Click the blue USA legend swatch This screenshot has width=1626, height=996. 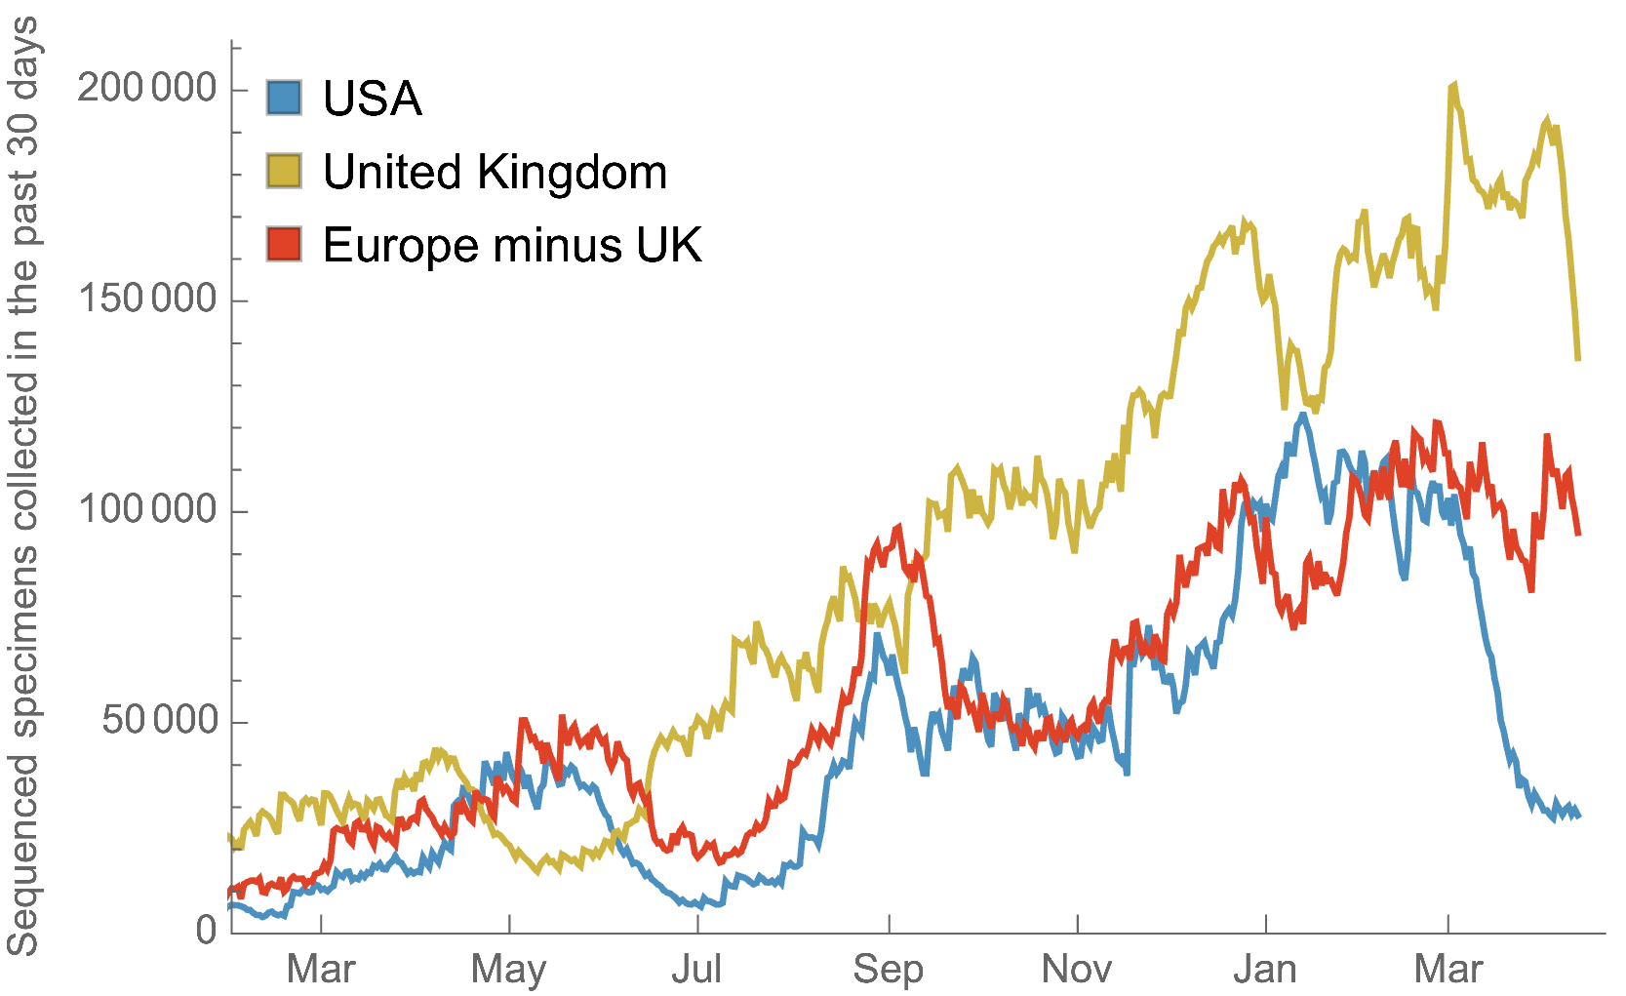[x=284, y=98]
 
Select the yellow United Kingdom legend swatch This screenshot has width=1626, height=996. [x=284, y=171]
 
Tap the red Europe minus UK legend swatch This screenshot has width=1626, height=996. [x=284, y=244]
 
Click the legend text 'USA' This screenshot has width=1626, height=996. [x=373, y=99]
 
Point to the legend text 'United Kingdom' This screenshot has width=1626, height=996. [x=495, y=172]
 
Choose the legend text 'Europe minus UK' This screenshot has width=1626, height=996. [x=512, y=245]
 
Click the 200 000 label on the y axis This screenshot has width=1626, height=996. [x=147, y=88]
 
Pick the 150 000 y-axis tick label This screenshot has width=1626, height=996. [x=147, y=299]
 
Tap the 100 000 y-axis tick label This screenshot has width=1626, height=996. [x=147, y=509]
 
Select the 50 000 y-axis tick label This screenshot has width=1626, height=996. [x=160, y=720]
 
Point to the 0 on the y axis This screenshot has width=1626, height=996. [x=206, y=931]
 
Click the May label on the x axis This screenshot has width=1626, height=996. [x=508, y=970]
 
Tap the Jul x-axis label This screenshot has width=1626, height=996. [x=696, y=970]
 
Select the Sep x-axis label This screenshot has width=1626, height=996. [x=888, y=970]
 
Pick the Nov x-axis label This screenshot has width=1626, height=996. [x=1077, y=970]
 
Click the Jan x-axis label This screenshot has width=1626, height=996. [x=1265, y=970]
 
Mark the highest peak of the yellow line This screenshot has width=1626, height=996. [x=1454, y=86]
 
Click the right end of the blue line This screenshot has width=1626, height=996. [x=1578, y=816]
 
